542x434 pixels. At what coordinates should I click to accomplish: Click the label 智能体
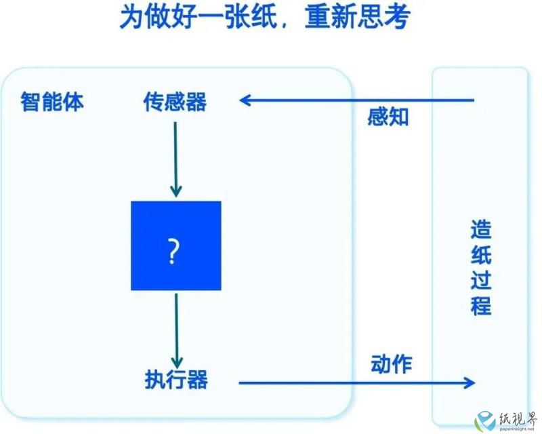[x=52, y=102]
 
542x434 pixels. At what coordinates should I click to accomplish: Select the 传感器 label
[x=175, y=102]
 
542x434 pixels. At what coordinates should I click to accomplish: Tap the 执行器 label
[x=176, y=379]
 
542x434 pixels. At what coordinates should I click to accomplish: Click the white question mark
[x=173, y=251]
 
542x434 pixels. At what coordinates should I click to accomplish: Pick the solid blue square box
[x=176, y=245]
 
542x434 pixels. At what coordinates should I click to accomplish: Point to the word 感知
[x=388, y=117]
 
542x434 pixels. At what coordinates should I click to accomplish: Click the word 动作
[x=392, y=364]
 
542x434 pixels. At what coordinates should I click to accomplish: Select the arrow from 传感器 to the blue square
[x=175, y=159]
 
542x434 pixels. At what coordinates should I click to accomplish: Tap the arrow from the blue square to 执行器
[x=177, y=331]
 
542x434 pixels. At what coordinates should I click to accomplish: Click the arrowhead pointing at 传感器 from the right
[x=245, y=101]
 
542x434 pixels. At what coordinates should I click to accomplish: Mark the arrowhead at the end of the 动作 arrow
[x=470, y=382]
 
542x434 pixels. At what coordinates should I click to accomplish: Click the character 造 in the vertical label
[x=481, y=229]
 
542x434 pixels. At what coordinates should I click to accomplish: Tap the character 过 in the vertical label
[x=481, y=280]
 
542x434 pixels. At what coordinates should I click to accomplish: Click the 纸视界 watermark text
[x=517, y=419]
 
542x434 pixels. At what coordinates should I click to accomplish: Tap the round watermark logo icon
[x=485, y=421]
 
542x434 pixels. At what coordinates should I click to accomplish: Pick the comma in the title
[x=285, y=25]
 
